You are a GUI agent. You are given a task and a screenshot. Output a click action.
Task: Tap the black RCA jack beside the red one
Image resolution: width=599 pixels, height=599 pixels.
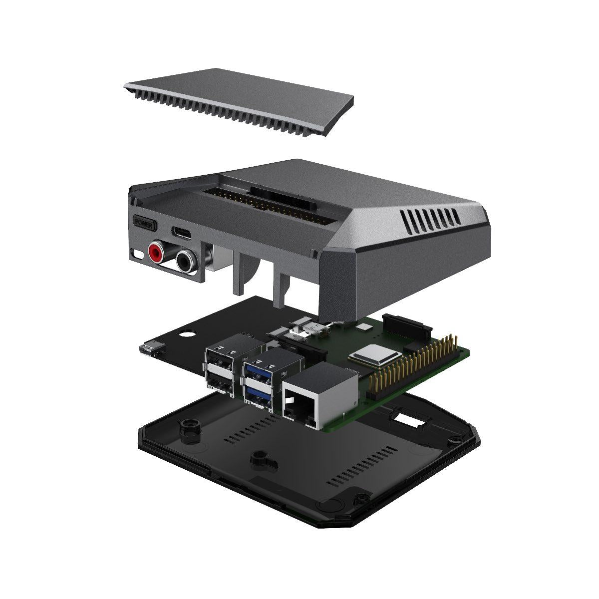186,259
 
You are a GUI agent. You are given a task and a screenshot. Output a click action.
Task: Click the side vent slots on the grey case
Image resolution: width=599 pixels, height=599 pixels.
431,220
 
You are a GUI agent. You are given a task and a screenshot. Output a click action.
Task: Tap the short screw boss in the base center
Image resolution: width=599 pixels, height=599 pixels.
259,456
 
